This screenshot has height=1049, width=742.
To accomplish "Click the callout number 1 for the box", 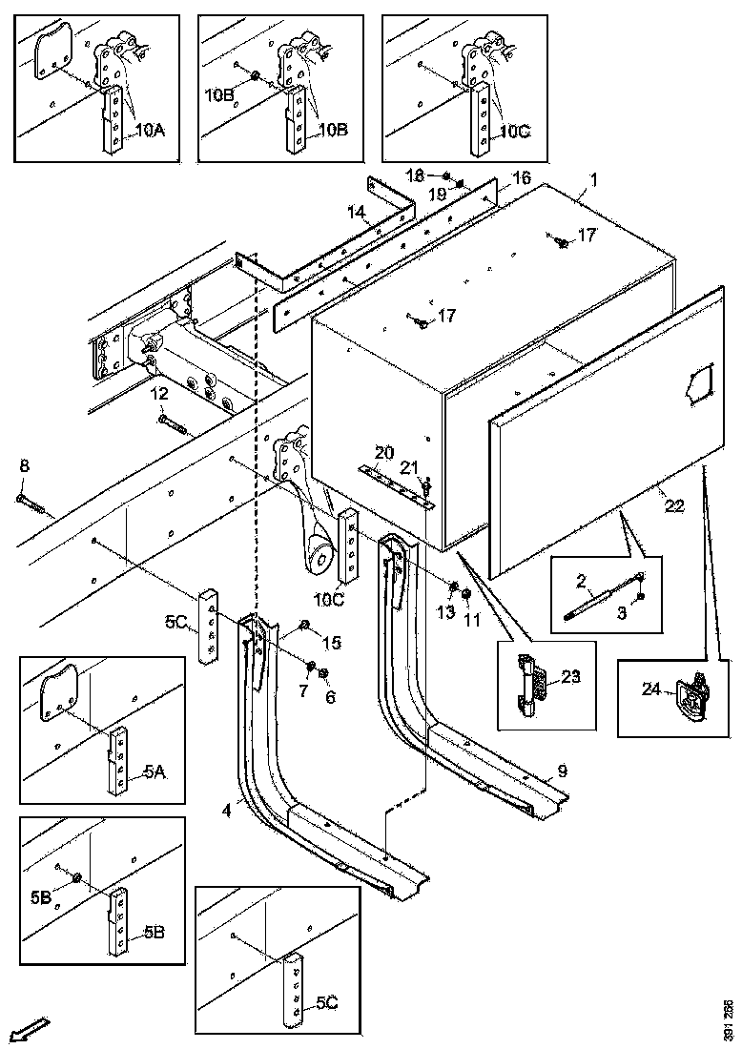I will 593,178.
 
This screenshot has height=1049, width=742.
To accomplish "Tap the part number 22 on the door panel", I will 674,506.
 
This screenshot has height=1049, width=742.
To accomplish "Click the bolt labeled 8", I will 31,497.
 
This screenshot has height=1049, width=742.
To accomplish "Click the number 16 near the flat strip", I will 521,178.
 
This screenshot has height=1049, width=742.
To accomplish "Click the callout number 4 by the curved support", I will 226,812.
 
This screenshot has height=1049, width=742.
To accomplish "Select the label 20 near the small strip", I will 382,451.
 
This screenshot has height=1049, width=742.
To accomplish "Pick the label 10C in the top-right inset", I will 514,131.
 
